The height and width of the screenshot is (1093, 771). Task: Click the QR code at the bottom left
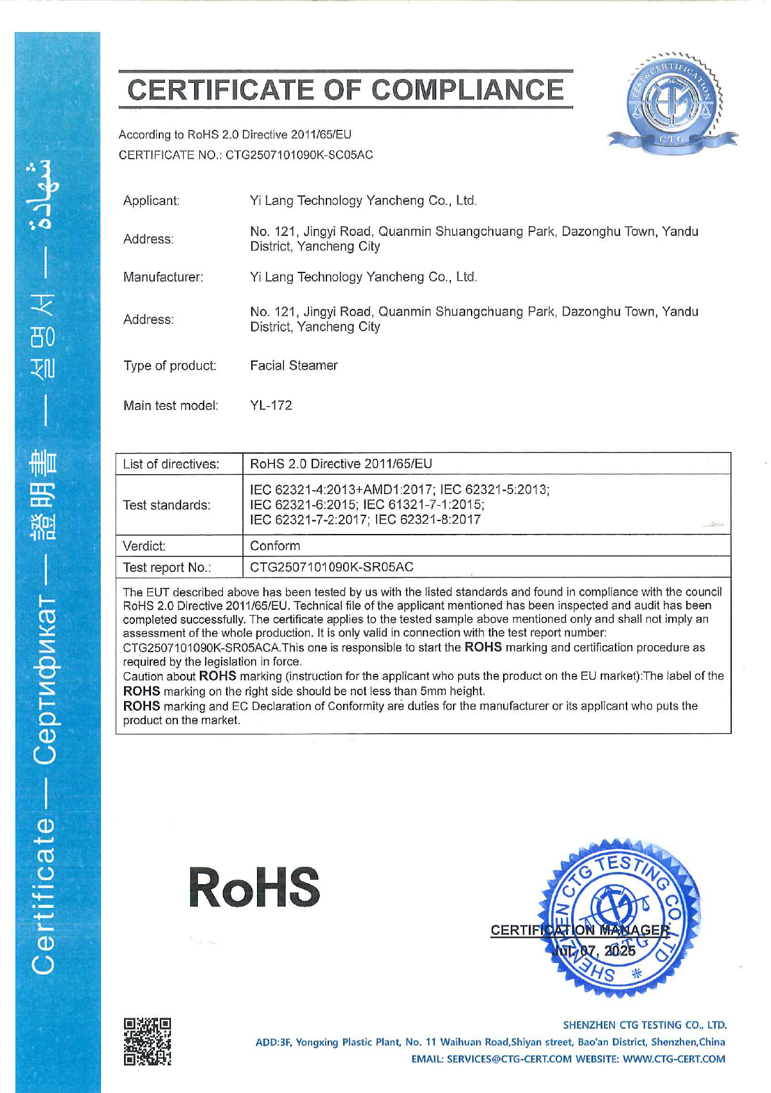(147, 1042)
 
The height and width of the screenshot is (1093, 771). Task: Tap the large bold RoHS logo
(254, 887)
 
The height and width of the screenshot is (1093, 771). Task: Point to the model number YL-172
(271, 405)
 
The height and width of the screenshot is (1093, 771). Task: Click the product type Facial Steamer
(294, 366)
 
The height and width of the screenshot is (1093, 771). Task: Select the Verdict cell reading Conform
(275, 546)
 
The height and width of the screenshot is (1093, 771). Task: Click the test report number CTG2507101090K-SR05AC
(332, 567)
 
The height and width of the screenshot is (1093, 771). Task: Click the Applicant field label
(152, 200)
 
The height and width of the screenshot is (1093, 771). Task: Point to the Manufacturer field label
(163, 277)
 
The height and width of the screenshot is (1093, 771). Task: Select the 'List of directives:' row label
(171, 464)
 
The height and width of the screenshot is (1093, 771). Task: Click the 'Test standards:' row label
(167, 505)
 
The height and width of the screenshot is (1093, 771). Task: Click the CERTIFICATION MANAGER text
(580, 930)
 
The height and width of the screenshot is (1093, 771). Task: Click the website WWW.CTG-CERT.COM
(674, 1059)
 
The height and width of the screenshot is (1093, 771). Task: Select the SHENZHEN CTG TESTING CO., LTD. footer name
(644, 1025)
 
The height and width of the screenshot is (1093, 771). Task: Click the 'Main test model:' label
(171, 405)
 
